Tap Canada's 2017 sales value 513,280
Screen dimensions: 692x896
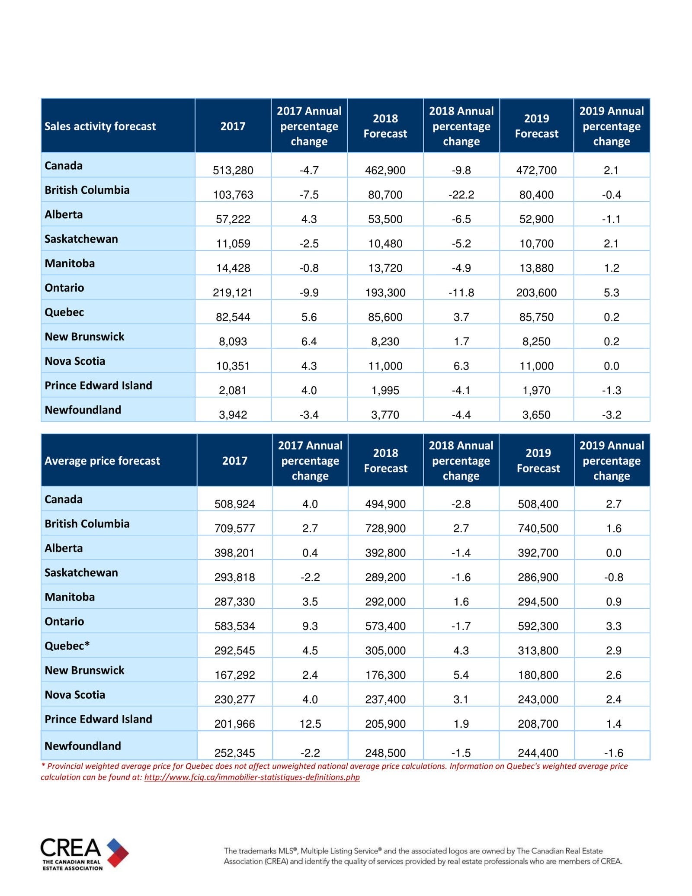coord(233,170)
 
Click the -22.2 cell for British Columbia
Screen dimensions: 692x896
coord(461,195)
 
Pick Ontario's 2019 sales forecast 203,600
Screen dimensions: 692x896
coord(536,292)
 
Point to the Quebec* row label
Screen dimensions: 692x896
coord(67,646)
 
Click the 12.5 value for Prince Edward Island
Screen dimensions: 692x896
coord(310,724)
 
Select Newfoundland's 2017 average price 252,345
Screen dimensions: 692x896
coord(234,753)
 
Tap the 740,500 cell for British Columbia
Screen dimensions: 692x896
coord(538,528)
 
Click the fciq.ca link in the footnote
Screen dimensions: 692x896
coord(252,777)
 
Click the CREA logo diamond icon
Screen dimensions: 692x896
coord(117,852)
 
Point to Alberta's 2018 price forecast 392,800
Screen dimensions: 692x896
coord(385,553)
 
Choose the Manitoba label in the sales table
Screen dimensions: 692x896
coord(70,263)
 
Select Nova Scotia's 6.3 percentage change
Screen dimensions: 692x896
coord(461,366)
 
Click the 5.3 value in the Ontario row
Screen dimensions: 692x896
coord(611,292)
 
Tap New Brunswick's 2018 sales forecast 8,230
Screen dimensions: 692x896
coord(385,341)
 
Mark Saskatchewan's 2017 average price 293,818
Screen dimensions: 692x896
coord(234,577)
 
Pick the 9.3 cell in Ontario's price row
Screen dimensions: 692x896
coord(310,626)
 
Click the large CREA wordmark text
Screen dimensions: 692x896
coord(71,848)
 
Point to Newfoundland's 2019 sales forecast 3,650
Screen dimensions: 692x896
coord(536,415)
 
